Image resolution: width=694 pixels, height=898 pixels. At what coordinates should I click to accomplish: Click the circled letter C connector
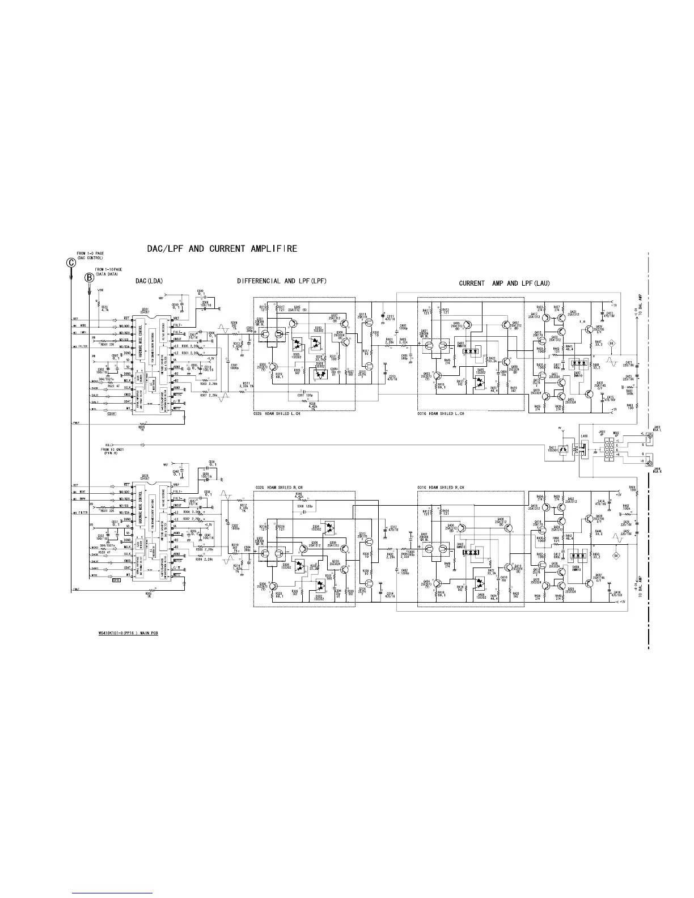point(70,262)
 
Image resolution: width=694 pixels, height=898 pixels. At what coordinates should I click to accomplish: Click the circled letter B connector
point(90,278)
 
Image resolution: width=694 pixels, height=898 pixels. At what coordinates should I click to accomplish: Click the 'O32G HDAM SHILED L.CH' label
point(277,414)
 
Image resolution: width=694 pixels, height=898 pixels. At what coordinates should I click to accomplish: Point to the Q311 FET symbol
point(369,322)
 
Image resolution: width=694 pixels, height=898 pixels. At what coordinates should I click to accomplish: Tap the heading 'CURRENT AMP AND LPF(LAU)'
point(504,283)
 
